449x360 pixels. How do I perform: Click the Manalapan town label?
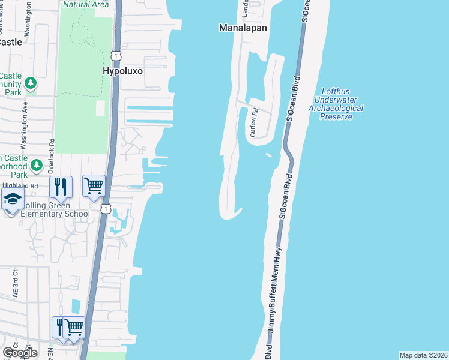[243, 28]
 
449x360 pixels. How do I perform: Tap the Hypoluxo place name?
[122, 70]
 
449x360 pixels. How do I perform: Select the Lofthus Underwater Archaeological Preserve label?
[336, 103]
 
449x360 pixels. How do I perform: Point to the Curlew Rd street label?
[254, 122]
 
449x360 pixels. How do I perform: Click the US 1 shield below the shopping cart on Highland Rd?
[106, 208]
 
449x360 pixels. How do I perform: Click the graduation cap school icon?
[11, 200]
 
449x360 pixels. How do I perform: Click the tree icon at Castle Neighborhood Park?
[37, 164]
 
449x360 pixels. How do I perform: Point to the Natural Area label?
[86, 4]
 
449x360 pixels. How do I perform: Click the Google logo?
[20, 352]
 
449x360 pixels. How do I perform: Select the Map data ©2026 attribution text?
[423, 355]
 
